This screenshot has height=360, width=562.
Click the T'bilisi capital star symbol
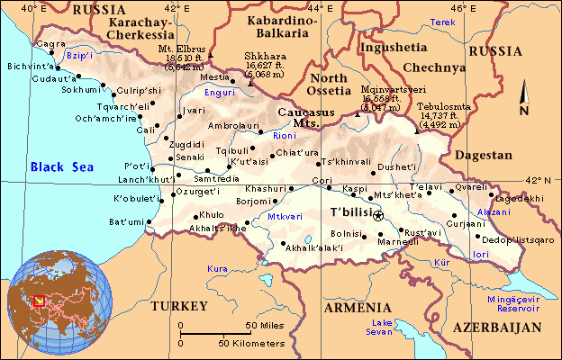tap(377, 215)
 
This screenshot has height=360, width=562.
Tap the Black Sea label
tap(61, 166)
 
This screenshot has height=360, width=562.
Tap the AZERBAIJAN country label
tap(497, 328)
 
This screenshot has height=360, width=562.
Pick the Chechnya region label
tap(434, 67)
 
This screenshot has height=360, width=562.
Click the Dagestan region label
tap(484, 156)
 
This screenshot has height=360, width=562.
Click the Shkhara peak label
tap(262, 56)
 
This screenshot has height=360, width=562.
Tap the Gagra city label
tap(51, 43)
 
